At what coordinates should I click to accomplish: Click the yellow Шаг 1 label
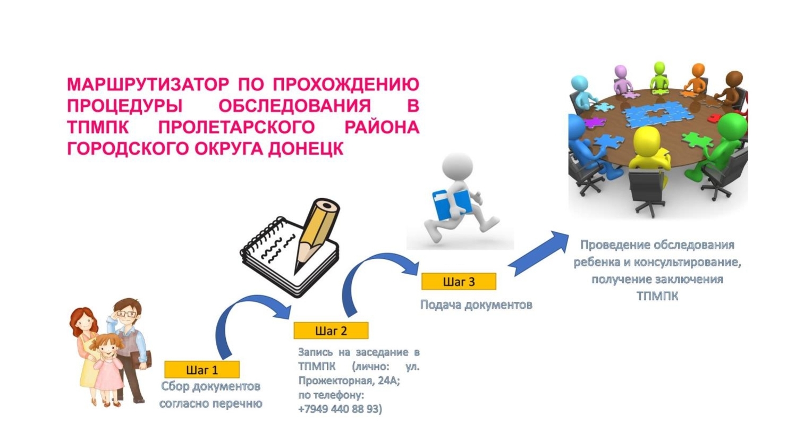point(202,370)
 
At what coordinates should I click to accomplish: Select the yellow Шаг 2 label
point(331,331)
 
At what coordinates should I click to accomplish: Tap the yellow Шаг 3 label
point(459,281)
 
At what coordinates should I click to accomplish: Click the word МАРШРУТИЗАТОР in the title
point(148,84)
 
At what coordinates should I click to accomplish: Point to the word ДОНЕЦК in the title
point(306,149)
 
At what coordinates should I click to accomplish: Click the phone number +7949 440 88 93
point(340,409)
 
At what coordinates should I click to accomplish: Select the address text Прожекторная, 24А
point(349,381)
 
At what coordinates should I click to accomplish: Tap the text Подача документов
point(476,305)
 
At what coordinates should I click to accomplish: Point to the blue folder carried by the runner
point(452,204)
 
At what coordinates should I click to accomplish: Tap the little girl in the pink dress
point(108,370)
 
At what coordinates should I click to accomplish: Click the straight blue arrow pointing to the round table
point(538,253)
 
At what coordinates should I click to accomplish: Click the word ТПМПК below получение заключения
point(657,297)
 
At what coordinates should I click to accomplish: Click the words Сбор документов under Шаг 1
point(210,386)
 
